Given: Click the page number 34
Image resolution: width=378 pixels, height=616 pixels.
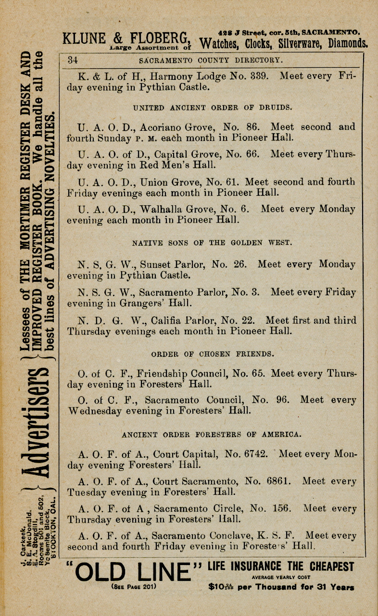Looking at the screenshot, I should (73, 61).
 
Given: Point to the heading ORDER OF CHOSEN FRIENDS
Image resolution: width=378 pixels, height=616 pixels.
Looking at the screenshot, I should (213, 354).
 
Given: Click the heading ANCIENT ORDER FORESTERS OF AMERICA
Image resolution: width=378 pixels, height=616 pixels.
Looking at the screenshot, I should (212, 434).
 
